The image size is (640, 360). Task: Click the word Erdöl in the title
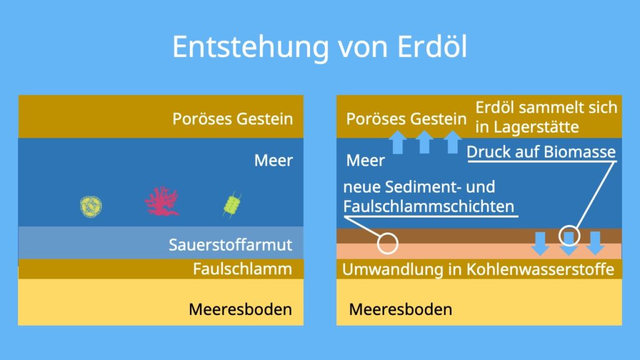click(x=432, y=46)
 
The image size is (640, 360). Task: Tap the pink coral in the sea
click(x=162, y=201)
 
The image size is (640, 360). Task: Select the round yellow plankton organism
click(x=91, y=206)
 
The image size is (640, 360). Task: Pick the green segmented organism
click(x=232, y=205)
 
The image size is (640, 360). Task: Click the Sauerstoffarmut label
click(x=230, y=245)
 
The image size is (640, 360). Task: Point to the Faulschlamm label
click(x=242, y=269)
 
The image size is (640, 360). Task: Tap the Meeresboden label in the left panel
click(x=240, y=309)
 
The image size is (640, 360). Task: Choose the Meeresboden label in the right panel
click(x=401, y=309)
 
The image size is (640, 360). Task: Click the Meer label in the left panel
click(x=274, y=161)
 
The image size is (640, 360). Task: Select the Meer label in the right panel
click(x=365, y=161)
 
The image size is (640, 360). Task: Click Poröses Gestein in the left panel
click(x=232, y=119)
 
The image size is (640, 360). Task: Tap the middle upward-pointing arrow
click(x=424, y=142)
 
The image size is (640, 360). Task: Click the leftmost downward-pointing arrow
click(x=541, y=244)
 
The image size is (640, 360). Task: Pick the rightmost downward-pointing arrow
click(x=595, y=243)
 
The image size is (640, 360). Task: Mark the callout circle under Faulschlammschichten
click(x=387, y=244)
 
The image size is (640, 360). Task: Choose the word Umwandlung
click(x=392, y=270)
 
